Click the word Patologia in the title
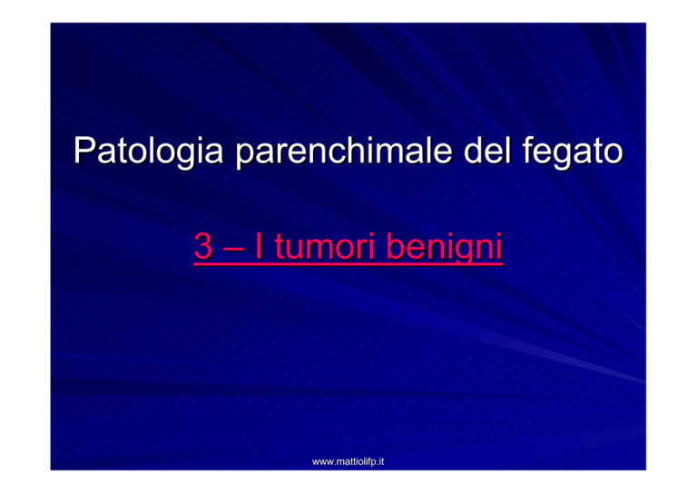tap(149, 152)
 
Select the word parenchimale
tap(344, 152)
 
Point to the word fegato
tap(573, 152)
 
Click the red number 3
tap(203, 246)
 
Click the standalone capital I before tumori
tap(259, 246)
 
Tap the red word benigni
tap(444, 247)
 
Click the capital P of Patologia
tap(84, 150)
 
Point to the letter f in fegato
tap(528, 150)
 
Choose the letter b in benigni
tap(395, 246)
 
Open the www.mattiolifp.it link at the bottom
tap(348, 462)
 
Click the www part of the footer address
tap(323, 463)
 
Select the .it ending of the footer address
tap(379, 462)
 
